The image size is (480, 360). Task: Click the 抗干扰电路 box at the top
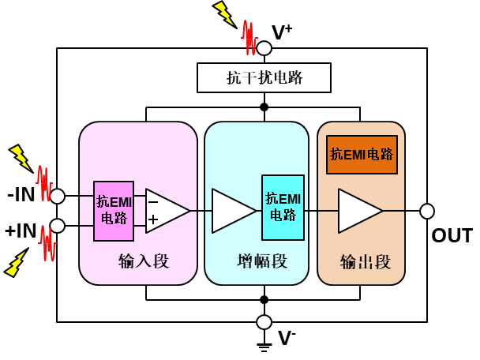pos(264,78)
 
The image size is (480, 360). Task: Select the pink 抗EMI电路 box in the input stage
pos(114,211)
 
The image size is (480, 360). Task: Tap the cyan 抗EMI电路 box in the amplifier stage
pos(283,207)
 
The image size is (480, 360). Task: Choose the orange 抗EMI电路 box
pos(362,155)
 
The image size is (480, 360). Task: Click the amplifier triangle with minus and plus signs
pos(166,211)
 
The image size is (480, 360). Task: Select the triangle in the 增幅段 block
pos(232,211)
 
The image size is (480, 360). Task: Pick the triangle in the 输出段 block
pos(358,211)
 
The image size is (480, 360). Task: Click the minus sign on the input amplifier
pos(153,202)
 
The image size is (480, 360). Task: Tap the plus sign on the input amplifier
pos(153,219)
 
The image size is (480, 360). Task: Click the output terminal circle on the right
pos(427,211)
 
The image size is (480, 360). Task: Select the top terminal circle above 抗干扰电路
pos(264,48)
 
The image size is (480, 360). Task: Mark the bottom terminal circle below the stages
pos(264,322)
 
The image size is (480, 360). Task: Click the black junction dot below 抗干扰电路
pos(264,107)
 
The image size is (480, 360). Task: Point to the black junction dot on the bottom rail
pos(264,299)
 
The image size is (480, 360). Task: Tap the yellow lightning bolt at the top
pos(223,13)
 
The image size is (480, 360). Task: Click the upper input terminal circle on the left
pos(58,196)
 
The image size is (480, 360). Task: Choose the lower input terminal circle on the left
pos(58,226)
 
